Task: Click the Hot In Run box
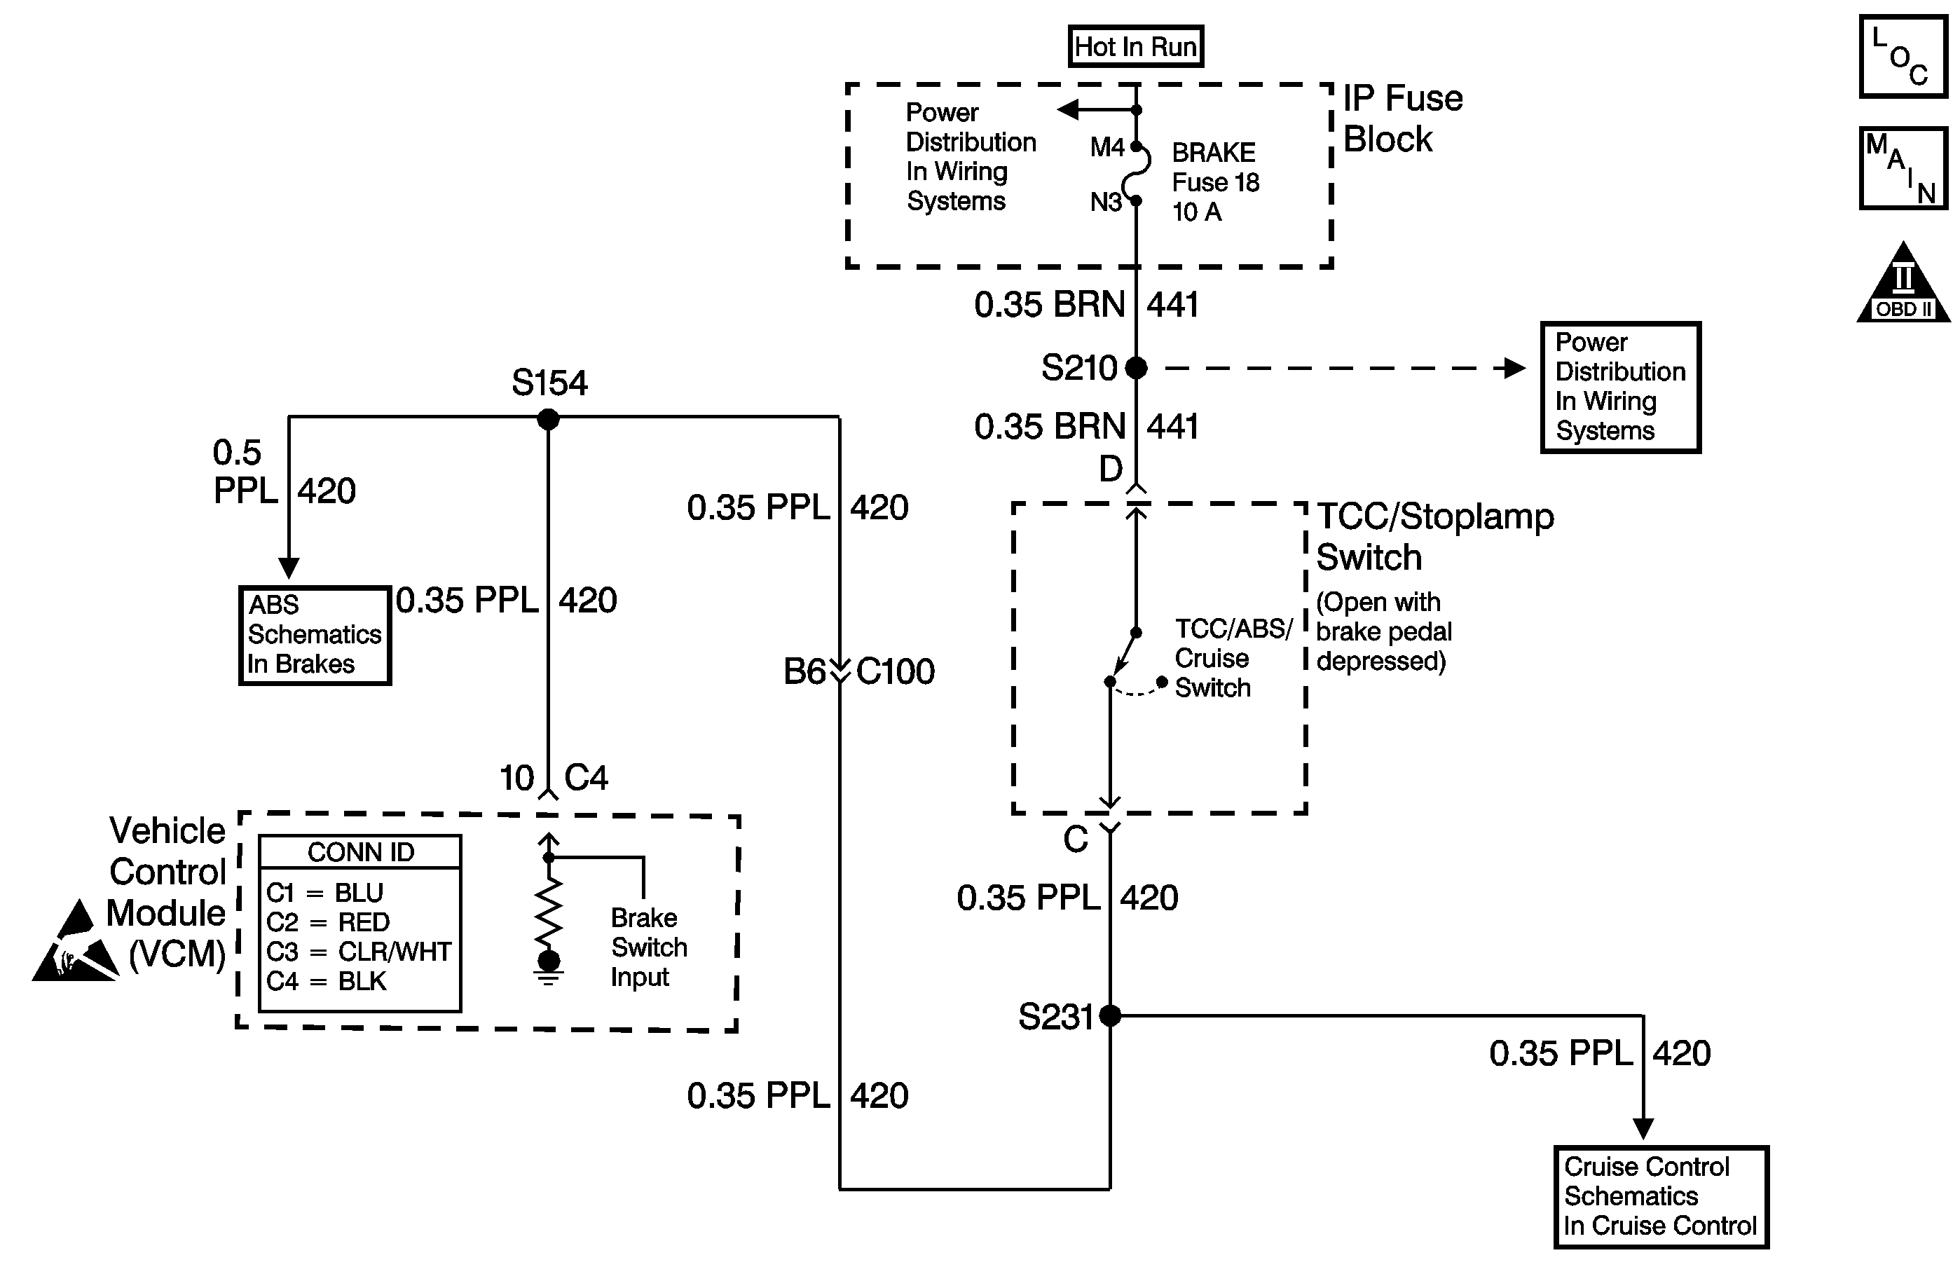[1136, 46]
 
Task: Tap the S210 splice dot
[1136, 367]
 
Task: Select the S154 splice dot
[549, 419]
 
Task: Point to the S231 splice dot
[1110, 1015]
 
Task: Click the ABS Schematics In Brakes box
[315, 635]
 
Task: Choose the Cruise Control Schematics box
[1661, 1198]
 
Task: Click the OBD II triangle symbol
[1903, 282]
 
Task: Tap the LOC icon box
[1903, 56]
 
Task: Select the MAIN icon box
[1903, 168]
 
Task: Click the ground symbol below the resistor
[549, 977]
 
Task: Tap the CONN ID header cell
[360, 851]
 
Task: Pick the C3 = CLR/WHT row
[358, 951]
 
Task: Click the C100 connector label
[895, 671]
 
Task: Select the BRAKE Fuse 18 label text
[1216, 167]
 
